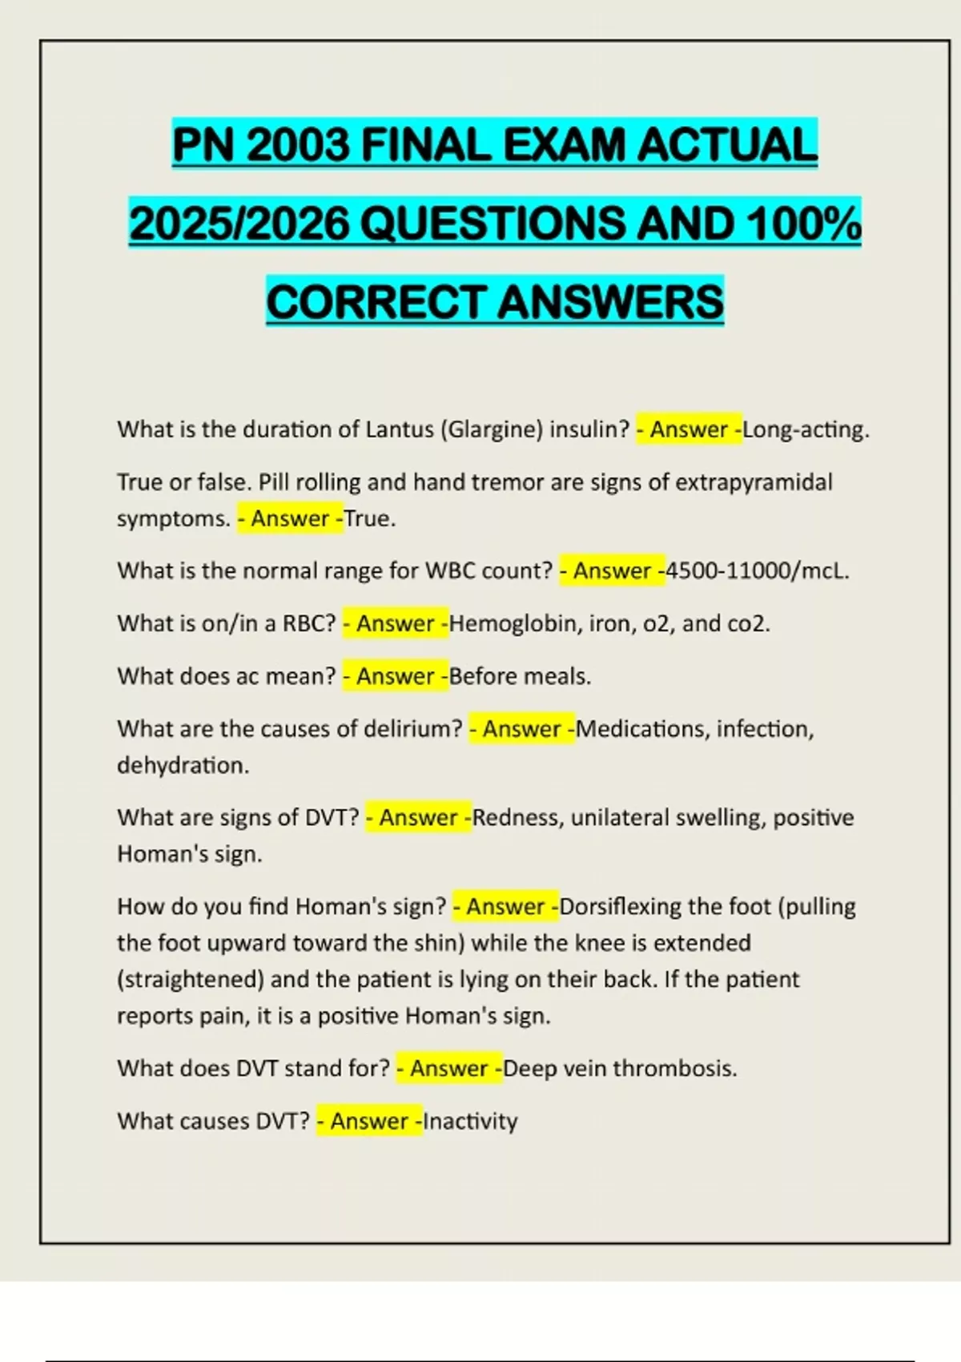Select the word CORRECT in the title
pyautogui.click(x=376, y=302)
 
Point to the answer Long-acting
pyautogui.click(x=805, y=429)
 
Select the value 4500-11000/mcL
pyautogui.click(x=757, y=570)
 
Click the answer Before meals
pyautogui.click(x=520, y=676)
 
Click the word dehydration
pyautogui.click(x=183, y=765)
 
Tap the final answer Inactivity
pyautogui.click(x=470, y=1121)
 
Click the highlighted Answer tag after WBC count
pyautogui.click(x=612, y=570)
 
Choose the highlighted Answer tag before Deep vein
pyautogui.click(x=449, y=1068)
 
